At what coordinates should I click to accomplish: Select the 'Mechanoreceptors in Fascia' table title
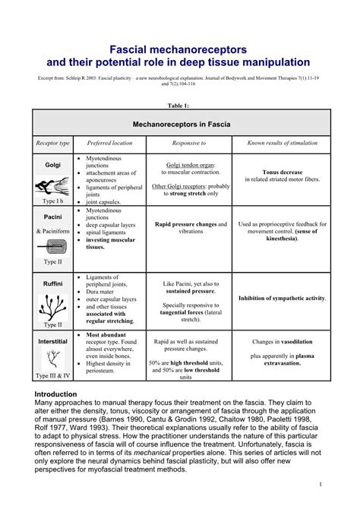click(x=182, y=123)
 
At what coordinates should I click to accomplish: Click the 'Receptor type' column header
click(x=52, y=143)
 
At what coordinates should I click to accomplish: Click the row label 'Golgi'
click(x=52, y=165)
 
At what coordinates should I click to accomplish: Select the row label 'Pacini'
click(x=52, y=217)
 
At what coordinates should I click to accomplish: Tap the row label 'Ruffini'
click(x=52, y=283)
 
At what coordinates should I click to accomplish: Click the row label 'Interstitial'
click(x=52, y=342)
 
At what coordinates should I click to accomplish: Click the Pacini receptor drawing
click(x=52, y=247)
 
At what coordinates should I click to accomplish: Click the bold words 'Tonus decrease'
click(x=282, y=172)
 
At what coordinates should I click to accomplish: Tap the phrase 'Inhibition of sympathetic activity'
click(x=282, y=299)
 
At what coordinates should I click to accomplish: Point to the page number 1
click(x=322, y=484)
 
